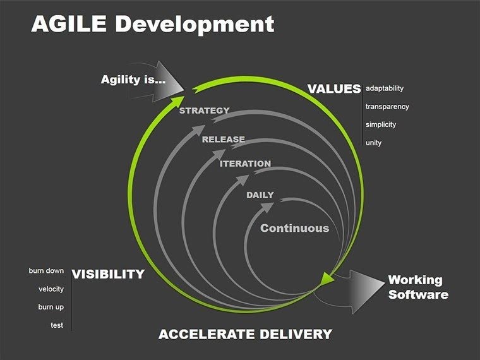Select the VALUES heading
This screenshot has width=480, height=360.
(334, 89)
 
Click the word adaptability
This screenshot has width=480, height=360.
(384, 88)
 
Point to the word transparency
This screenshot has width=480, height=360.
(387, 107)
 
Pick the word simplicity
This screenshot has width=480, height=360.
(381, 124)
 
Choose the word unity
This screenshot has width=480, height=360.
(373, 143)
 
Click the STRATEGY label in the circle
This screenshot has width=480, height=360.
(205, 111)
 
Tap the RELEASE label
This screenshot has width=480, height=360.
(224, 139)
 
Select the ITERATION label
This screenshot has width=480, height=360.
(245, 164)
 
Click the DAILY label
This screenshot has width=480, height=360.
(260, 195)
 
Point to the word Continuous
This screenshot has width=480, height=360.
(295, 228)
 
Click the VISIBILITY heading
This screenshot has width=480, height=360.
(108, 274)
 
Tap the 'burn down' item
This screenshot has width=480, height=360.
(46, 271)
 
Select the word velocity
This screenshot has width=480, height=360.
(51, 289)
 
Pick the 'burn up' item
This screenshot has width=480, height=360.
(51, 307)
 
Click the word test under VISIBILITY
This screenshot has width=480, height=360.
(57, 325)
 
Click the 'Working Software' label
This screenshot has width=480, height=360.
(417, 287)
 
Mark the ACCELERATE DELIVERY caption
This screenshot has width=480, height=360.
(245, 334)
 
